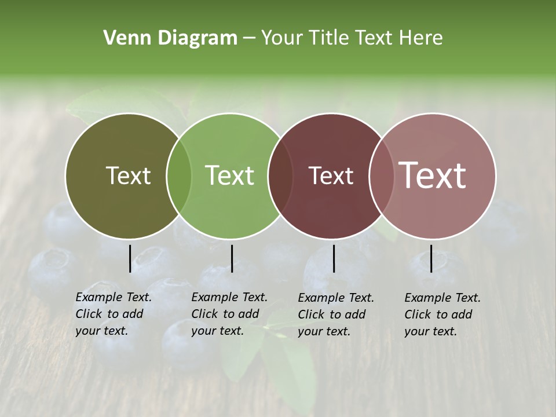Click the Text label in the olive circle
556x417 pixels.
click(128, 175)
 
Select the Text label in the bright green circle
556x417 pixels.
click(229, 175)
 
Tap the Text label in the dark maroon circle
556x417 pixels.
click(331, 175)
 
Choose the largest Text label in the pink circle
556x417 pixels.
click(433, 175)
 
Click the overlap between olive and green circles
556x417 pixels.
click(179, 176)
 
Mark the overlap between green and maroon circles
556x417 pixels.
click(280, 176)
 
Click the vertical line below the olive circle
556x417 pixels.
click(130, 258)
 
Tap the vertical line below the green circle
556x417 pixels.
click(232, 258)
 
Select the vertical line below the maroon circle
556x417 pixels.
click(334, 258)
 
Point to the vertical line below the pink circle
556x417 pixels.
click(431, 258)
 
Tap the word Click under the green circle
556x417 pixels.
click(204, 314)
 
